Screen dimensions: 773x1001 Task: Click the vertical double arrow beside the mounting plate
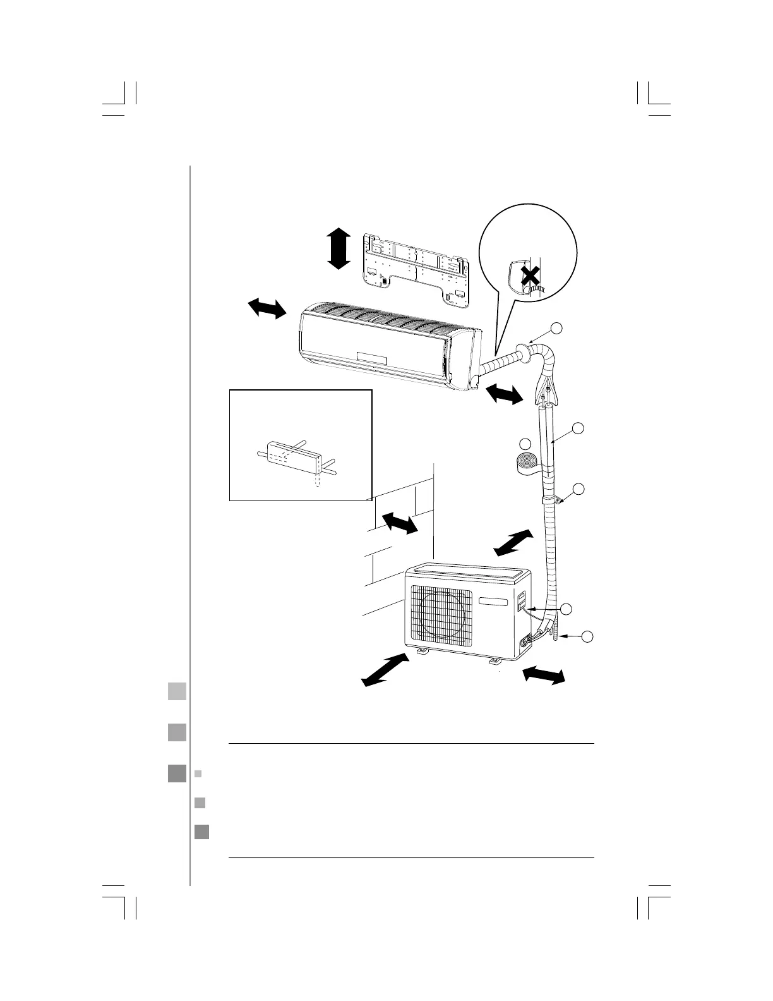[x=339, y=249]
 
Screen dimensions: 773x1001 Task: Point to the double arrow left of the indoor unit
[x=267, y=309]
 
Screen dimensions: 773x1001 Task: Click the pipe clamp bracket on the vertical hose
[x=560, y=500]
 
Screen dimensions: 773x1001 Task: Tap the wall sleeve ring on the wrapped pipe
[x=524, y=352]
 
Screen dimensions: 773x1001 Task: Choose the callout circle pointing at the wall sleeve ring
[x=556, y=328]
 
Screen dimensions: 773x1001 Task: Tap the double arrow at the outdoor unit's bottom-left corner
[x=385, y=669]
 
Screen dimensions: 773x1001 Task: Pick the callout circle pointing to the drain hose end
[x=588, y=636]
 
